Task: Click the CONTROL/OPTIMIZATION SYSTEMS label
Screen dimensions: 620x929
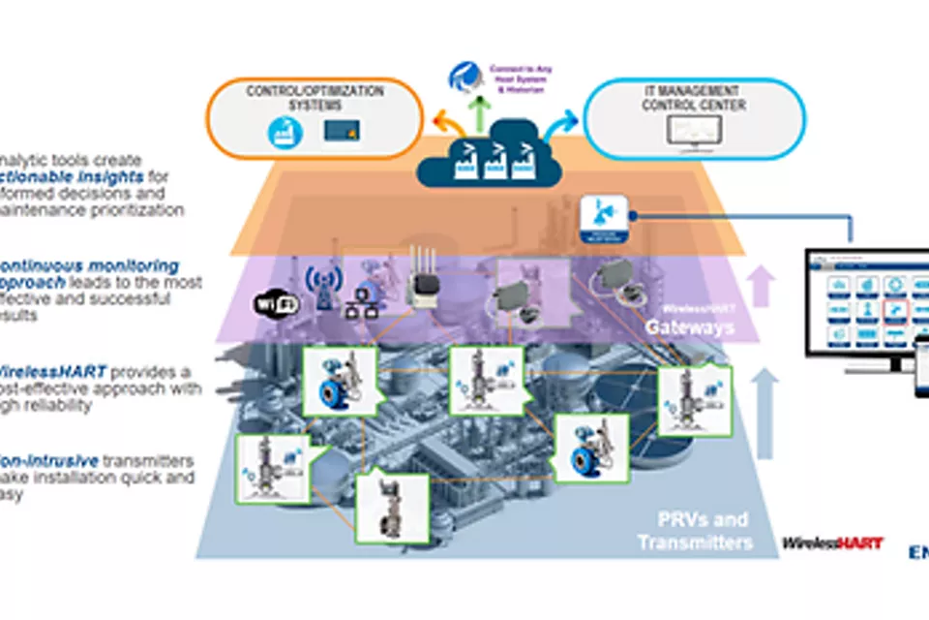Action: [314, 97]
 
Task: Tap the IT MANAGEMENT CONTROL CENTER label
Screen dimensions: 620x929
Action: [694, 99]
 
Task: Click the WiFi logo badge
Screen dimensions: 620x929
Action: [276, 303]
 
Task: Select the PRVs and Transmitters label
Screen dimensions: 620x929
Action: [694, 531]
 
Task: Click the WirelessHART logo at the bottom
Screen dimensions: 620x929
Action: [832, 542]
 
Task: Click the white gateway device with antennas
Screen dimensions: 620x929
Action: [423, 282]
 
